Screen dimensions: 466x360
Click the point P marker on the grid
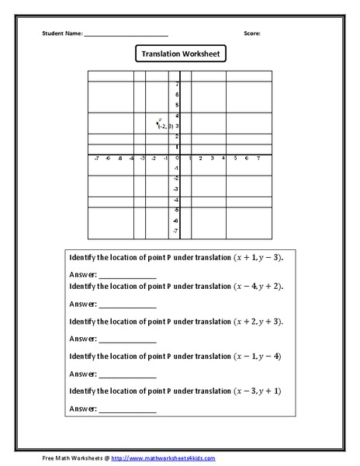pos(158,120)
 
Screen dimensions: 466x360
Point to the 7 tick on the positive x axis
pos(258,158)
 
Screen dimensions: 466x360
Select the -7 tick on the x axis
pos(95,158)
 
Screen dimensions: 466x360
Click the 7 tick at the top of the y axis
pos(177,84)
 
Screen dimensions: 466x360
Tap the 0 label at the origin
pos(177,158)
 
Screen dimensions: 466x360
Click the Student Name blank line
pos(126,35)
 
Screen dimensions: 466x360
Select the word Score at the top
pos(251,33)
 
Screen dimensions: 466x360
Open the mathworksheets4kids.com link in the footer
pos(160,457)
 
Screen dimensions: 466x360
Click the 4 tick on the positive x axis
pos(223,158)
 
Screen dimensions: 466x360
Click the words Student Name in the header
pos(61,33)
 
